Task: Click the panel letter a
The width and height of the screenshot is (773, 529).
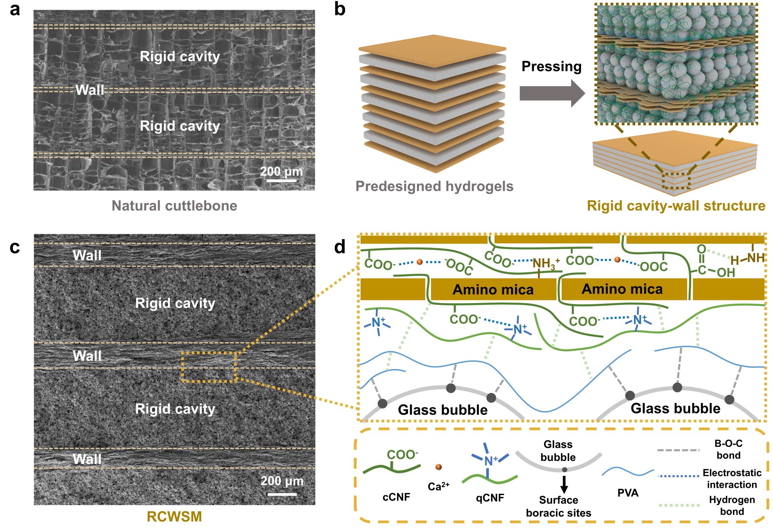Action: tap(15, 9)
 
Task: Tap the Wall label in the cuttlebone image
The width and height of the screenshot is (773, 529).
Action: tap(89, 90)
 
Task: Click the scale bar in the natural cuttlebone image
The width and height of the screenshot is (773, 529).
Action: tap(282, 181)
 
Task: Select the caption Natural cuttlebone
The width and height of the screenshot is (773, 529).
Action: tap(174, 206)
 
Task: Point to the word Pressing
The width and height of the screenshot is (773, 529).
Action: tap(551, 67)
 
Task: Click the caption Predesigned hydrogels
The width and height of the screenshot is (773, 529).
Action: tap(434, 186)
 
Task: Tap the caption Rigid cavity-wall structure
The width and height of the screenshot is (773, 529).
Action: tap(676, 206)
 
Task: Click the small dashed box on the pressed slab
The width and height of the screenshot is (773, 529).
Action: tap(676, 181)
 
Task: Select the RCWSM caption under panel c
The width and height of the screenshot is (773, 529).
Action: tap(174, 517)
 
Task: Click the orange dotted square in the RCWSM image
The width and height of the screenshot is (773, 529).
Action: tap(209, 367)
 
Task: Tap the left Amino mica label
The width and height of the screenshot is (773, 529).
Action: tap(493, 290)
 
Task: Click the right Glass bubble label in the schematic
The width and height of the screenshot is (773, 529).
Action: tap(675, 408)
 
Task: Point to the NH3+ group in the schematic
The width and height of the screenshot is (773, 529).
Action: tap(546, 263)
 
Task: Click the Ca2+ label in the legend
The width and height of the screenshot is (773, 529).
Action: tap(438, 486)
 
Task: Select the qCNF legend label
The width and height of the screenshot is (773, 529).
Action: tap(490, 498)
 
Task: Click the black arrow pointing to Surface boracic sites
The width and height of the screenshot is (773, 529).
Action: tap(564, 484)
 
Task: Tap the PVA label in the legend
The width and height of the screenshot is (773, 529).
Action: tap(628, 493)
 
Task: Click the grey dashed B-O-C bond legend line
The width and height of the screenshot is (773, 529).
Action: tap(678, 450)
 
